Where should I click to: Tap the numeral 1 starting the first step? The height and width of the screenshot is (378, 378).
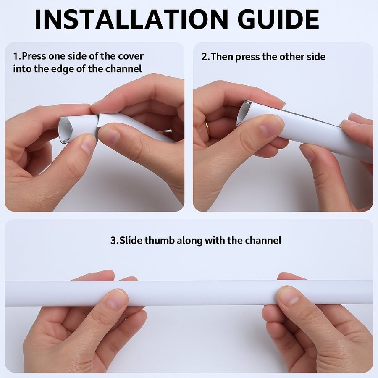(16, 56)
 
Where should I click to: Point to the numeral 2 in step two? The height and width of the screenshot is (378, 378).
(204, 56)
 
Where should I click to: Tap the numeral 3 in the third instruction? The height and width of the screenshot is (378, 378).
(113, 241)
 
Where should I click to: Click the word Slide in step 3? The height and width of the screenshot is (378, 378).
(130, 241)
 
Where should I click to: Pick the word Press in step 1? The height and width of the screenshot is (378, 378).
(34, 56)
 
